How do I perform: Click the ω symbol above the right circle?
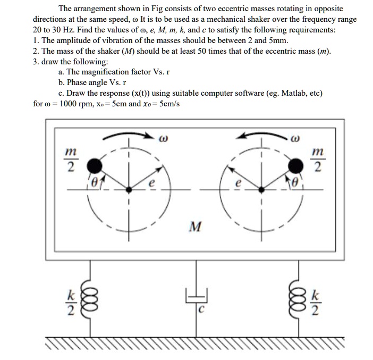pos(298,140)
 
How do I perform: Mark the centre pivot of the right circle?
pos(261,189)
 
